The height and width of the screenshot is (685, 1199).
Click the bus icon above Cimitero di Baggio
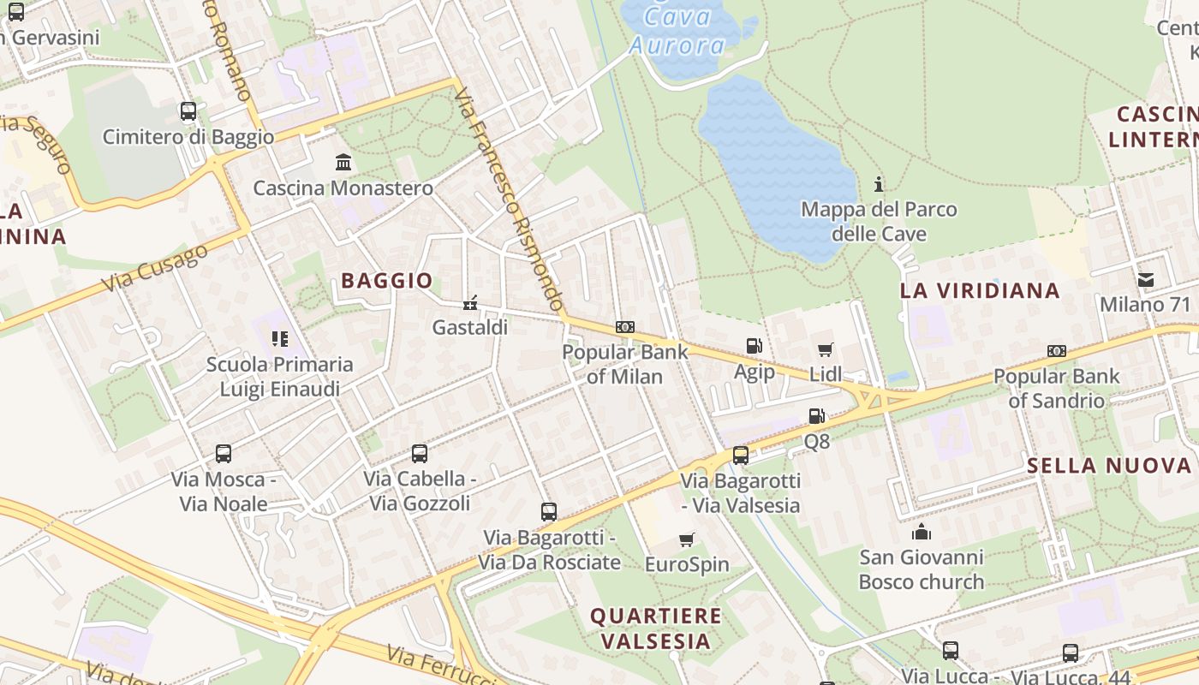(x=188, y=111)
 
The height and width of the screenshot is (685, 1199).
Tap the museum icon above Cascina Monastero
(x=343, y=162)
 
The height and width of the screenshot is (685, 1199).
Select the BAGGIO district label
(x=386, y=280)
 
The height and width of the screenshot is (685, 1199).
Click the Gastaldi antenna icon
(x=469, y=302)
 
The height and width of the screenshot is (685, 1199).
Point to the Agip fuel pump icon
(x=754, y=346)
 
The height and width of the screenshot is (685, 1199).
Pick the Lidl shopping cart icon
(x=825, y=349)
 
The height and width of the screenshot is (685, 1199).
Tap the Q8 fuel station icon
(x=816, y=416)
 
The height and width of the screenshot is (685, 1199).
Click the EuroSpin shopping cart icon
(x=686, y=539)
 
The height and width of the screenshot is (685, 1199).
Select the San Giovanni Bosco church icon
(x=922, y=532)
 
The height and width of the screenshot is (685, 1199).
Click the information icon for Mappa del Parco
(x=878, y=184)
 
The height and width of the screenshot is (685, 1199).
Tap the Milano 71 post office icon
(x=1145, y=280)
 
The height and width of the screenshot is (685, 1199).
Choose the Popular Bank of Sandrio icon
(x=1056, y=351)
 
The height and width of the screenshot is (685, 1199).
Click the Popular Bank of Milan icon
(x=625, y=327)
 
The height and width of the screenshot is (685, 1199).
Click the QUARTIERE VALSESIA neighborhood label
(x=656, y=628)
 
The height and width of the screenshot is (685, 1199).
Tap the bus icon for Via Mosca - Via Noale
(x=224, y=454)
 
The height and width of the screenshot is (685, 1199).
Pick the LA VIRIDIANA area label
(x=980, y=291)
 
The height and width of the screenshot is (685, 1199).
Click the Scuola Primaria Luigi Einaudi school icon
(x=279, y=339)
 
